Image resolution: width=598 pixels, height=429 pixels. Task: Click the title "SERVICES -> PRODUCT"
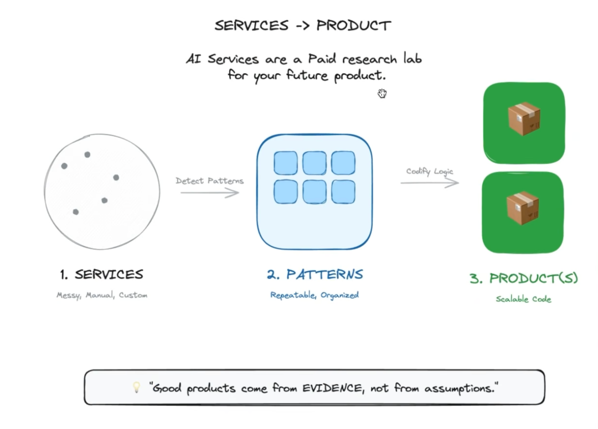coord(302,25)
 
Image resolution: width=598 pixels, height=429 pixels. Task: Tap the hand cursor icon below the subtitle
coord(382,93)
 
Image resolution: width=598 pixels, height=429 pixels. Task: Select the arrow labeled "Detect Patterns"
coord(209,193)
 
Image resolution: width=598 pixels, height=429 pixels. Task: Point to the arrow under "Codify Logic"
coord(430,183)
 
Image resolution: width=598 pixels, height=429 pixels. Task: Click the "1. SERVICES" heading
coord(102,275)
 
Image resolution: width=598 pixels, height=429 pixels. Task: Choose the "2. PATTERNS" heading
coord(315,275)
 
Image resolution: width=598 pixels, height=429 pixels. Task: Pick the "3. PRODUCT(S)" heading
coord(524,278)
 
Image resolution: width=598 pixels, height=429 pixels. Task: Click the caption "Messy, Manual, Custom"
coord(102,296)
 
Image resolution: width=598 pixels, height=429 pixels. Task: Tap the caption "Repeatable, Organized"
coord(315,296)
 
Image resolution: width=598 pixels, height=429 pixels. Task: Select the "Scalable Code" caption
coord(524,299)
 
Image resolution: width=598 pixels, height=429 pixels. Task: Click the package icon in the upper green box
coord(524,118)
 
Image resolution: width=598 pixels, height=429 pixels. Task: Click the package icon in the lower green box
coord(523,208)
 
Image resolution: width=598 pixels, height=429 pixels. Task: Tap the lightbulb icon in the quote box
coord(137,388)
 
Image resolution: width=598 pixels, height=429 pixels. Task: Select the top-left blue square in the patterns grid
coord(286,163)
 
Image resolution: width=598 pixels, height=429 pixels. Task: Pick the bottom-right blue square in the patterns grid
coord(343,192)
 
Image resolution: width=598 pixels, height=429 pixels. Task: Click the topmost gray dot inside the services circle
coord(87,154)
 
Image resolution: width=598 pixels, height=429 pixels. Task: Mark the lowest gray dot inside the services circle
coord(76,212)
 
